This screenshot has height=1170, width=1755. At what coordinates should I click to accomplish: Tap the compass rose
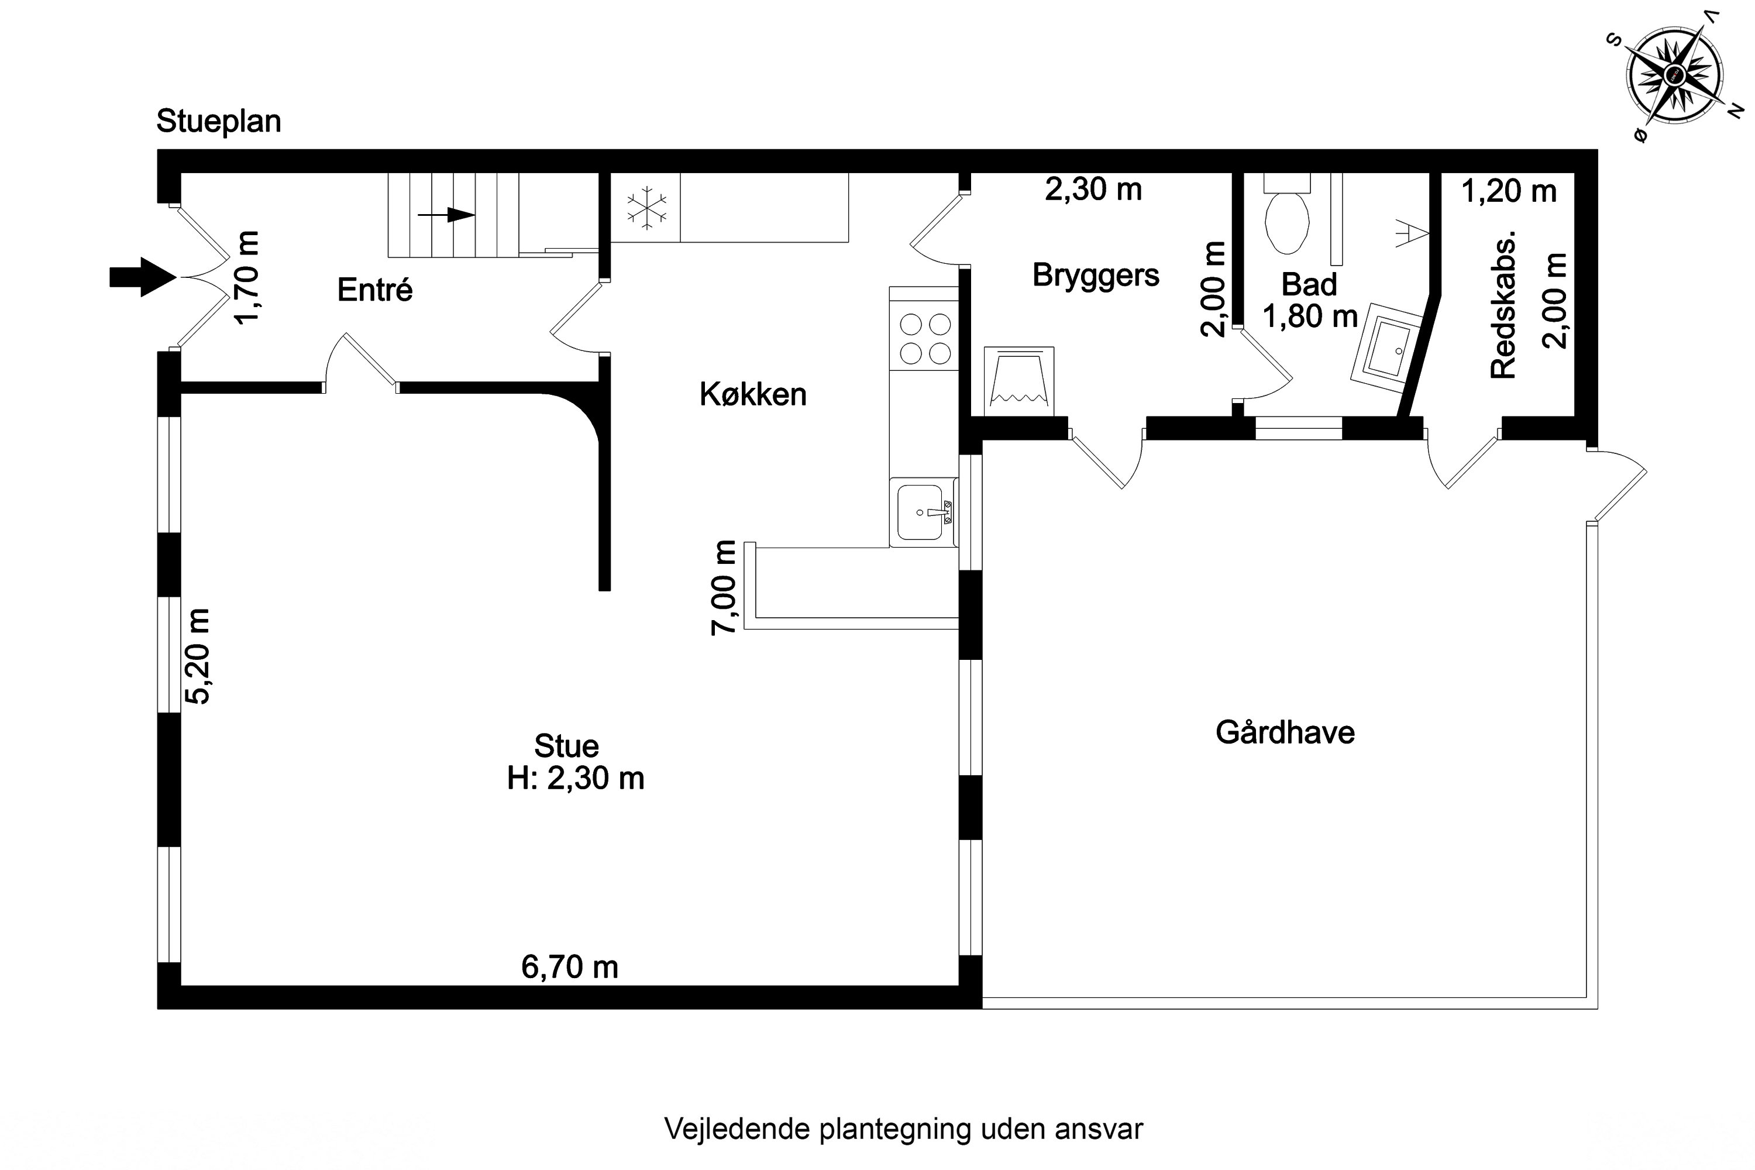click(x=1675, y=76)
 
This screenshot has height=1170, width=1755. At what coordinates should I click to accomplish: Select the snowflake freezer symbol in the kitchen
click(x=646, y=208)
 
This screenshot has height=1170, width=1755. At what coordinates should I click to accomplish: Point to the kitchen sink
click(x=923, y=512)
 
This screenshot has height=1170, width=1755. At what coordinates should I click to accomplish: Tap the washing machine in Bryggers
click(x=1018, y=381)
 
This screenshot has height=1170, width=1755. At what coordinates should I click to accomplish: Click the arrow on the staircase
click(x=446, y=215)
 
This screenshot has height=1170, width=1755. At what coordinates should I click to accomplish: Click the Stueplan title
click(x=219, y=122)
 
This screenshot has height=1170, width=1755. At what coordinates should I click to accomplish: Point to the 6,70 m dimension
click(x=569, y=967)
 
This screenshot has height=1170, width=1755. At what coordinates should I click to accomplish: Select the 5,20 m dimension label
click(x=198, y=656)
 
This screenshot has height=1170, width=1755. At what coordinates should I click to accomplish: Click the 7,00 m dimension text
click(x=724, y=587)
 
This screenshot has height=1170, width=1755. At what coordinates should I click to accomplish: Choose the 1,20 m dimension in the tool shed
click(x=1509, y=192)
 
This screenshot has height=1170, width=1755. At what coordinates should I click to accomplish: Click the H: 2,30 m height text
click(x=575, y=778)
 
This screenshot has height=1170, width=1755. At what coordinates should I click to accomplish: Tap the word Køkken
click(x=753, y=394)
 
